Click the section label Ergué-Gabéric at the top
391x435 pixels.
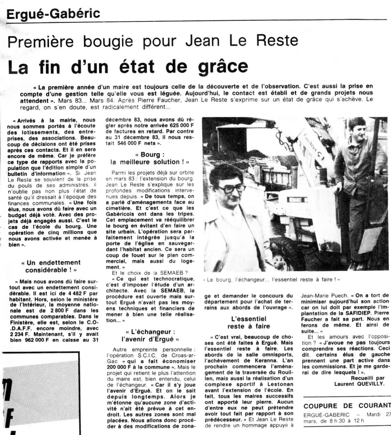(x=54, y=14)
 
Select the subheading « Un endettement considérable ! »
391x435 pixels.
(x=51, y=266)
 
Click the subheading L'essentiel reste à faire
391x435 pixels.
(x=249, y=322)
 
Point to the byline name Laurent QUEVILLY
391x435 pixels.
(x=359, y=384)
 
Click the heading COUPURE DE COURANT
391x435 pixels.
(x=347, y=405)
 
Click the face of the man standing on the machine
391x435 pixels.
(x=357, y=129)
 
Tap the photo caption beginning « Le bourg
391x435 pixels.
(x=271, y=279)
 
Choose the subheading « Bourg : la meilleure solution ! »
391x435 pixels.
(x=150, y=158)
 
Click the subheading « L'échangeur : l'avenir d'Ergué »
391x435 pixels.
(x=150, y=335)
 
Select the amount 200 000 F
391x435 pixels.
(x=121, y=367)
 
